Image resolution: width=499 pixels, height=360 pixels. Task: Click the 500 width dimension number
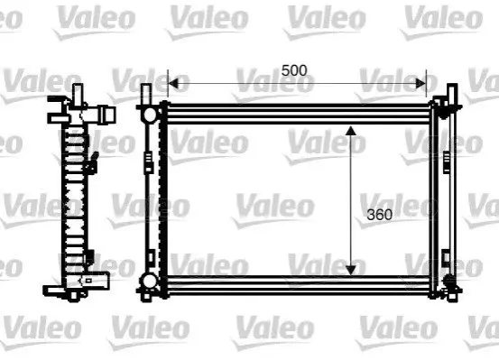tap(294, 70)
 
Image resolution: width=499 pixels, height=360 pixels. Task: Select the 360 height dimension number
tap(379, 215)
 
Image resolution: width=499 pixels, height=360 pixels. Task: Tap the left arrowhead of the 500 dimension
tap(173, 83)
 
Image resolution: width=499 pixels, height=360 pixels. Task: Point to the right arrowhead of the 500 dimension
tap(421, 83)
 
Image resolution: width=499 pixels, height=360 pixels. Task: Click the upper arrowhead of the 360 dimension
tap(351, 131)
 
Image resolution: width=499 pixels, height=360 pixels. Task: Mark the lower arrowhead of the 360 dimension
tap(351, 271)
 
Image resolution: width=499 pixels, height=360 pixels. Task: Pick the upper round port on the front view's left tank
tap(149, 115)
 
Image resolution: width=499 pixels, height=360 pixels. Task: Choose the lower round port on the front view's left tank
tap(149, 282)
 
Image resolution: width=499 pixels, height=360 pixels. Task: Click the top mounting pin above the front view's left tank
tap(146, 94)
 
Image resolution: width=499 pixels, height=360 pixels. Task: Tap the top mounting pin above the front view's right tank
tap(452, 94)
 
